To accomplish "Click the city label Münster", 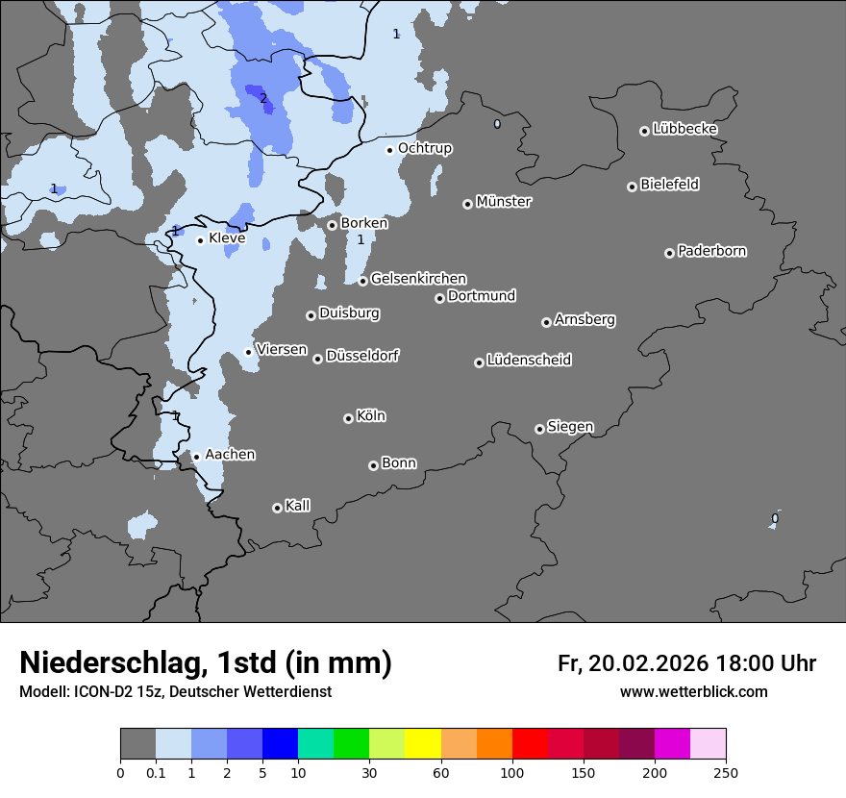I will (x=503, y=202).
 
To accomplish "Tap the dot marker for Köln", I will (x=348, y=418).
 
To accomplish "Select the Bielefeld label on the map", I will (x=669, y=185).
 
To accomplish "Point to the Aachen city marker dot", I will (x=196, y=457).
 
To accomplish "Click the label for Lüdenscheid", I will (x=529, y=361).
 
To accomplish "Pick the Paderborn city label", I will (x=711, y=251).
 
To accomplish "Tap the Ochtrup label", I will (x=424, y=148).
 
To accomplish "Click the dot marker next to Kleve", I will (x=200, y=240).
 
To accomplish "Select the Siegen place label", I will (x=570, y=427).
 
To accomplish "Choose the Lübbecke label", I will (x=684, y=129).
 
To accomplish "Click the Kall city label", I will (x=297, y=506).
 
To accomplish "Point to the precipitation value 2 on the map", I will (x=263, y=98).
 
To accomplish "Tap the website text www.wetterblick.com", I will (x=693, y=691).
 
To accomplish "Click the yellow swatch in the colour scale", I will (x=423, y=744).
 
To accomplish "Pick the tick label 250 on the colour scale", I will (x=725, y=772).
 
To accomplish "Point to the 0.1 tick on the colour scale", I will (x=156, y=772).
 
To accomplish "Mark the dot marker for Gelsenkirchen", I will (x=362, y=281).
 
